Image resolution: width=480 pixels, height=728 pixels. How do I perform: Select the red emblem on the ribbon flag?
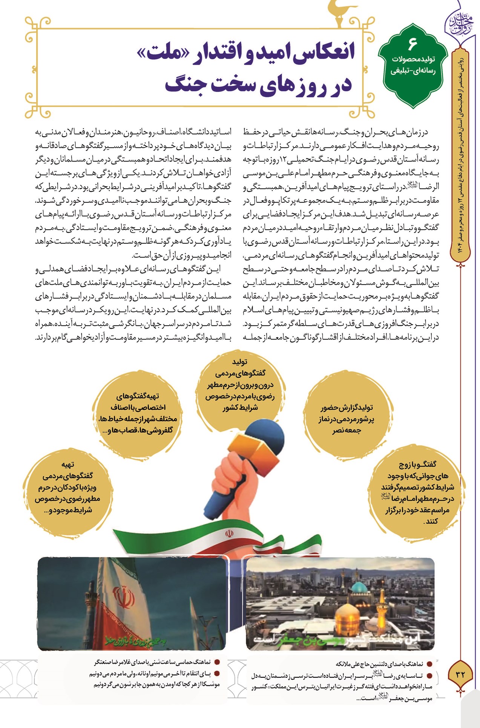point(229,533)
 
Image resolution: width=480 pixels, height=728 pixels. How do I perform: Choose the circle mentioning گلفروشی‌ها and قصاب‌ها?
point(137,413)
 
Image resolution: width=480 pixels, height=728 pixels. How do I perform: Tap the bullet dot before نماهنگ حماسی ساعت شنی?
point(217,662)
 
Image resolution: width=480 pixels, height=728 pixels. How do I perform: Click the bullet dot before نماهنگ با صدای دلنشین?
point(429,663)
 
